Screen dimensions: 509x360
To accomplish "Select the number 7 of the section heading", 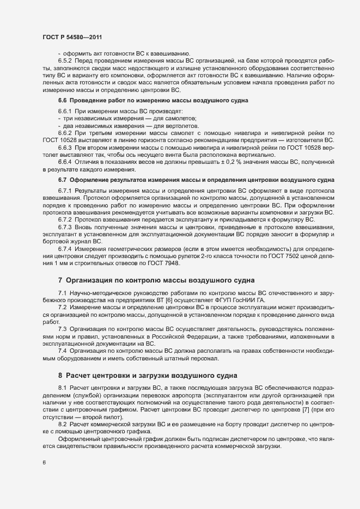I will (60, 281).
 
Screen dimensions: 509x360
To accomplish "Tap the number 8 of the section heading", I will (60, 375).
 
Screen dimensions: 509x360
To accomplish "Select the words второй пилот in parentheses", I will (97, 416).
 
